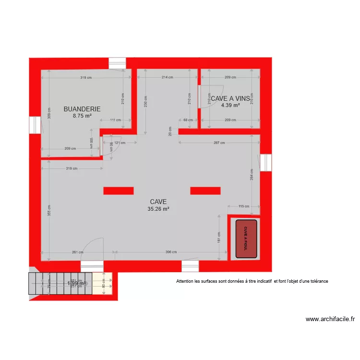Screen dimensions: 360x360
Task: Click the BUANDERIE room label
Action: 82,109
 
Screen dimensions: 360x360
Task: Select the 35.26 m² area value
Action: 158,209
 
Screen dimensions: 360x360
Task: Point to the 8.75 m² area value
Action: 82,116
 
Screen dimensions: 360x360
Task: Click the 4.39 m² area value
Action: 230,105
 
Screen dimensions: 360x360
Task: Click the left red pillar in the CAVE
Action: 118,191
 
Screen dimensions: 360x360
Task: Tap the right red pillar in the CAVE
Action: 205,191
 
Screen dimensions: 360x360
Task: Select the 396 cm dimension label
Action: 171,252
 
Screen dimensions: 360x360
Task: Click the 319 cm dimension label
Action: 86,77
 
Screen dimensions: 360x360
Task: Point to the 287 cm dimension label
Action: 219,143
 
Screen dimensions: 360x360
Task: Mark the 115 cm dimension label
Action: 244,206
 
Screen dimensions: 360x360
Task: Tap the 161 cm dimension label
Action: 219,238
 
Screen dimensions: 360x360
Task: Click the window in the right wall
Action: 266,162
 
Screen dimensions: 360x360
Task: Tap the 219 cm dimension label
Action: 72,168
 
